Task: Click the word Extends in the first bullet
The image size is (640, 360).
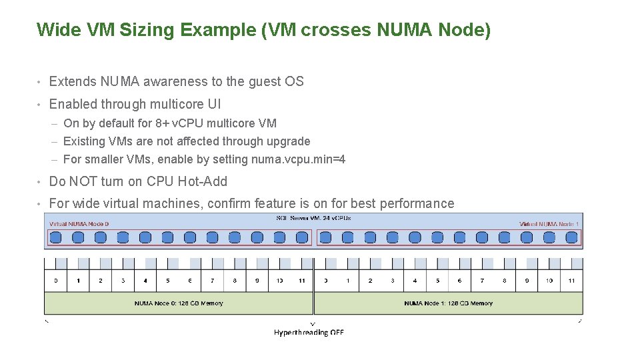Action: pos(73,81)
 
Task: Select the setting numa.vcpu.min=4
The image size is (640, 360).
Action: pos(298,159)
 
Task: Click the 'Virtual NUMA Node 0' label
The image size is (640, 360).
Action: pos(79,224)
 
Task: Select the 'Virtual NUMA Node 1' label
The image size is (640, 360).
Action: pos(549,224)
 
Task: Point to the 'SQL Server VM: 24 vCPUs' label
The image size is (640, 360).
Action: pos(313,218)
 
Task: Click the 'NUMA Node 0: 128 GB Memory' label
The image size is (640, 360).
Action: pos(179,303)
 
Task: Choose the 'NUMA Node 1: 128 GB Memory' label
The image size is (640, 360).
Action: pos(448,303)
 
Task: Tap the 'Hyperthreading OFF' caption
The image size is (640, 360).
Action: pos(309,332)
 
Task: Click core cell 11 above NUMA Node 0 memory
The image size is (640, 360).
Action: pos(302,281)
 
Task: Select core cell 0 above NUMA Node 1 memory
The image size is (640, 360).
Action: pos(325,281)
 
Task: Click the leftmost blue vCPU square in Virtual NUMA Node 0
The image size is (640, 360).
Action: pos(56,237)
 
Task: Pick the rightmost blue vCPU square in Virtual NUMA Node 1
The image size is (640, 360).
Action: pos(572,237)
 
